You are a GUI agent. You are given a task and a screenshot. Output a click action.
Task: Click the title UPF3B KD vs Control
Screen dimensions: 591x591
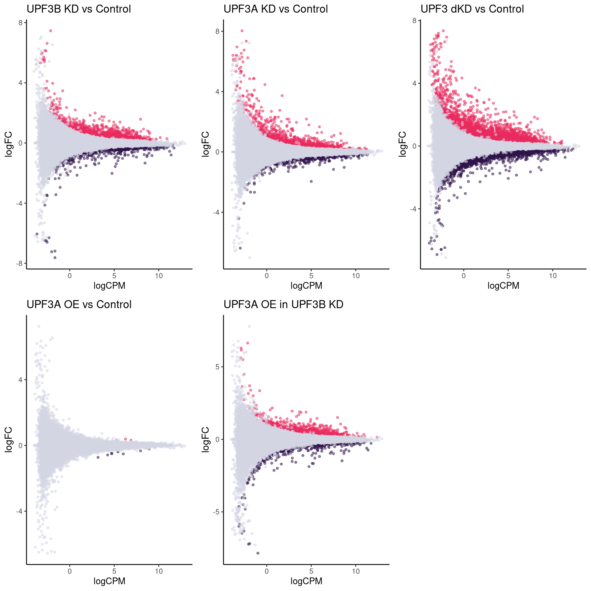click(79, 9)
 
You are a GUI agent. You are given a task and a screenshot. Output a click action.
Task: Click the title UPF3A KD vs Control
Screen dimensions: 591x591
click(275, 9)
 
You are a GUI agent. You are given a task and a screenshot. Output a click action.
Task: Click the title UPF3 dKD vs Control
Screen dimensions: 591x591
click(472, 9)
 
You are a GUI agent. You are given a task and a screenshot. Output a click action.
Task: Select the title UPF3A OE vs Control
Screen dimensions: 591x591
click(79, 304)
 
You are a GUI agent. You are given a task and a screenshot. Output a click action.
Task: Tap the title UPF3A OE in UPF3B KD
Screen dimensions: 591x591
click(283, 304)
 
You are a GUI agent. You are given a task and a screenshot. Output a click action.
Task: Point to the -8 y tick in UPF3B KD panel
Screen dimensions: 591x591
click(20, 263)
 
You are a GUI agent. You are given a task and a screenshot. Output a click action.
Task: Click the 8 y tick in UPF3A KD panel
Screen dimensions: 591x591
click(218, 31)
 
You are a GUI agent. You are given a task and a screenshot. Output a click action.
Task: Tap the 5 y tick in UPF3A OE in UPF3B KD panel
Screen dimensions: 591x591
click(218, 367)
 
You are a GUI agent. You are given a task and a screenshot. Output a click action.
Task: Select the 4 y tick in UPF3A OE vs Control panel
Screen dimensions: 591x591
click(21, 380)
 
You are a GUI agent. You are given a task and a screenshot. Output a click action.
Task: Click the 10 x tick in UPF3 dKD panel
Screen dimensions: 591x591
click(553, 276)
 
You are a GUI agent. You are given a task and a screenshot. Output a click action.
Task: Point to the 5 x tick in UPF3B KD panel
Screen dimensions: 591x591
click(114, 276)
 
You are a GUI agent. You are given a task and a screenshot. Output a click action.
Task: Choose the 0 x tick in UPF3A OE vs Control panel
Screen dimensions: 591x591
click(70, 571)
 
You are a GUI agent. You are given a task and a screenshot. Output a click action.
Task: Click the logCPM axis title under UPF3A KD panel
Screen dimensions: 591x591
click(306, 286)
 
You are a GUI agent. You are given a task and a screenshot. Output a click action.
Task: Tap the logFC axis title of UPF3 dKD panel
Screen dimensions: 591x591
click(402, 144)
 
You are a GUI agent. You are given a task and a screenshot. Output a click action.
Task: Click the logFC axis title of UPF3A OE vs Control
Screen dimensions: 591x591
click(9, 440)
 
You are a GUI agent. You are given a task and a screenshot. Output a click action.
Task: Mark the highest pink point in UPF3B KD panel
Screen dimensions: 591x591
click(51, 31)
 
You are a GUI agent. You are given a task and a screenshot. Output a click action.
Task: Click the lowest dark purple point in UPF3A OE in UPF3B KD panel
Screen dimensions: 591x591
click(258, 553)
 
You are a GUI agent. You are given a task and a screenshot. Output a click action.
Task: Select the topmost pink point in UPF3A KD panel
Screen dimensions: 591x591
click(242, 31)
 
